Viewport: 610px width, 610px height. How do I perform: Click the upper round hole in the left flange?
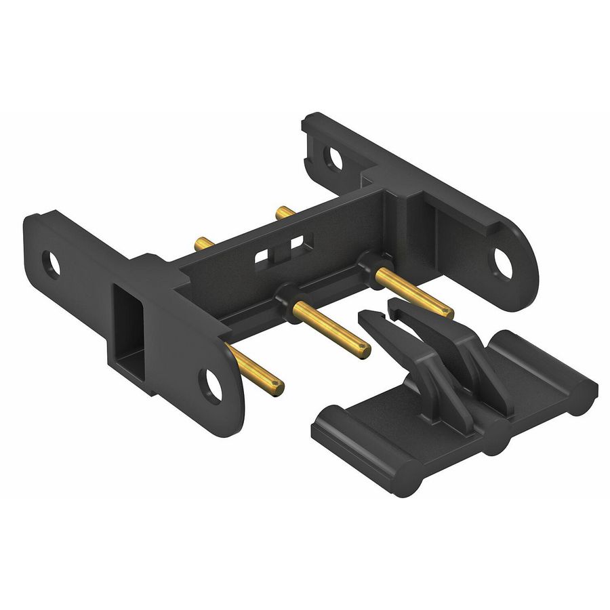tap(51, 264)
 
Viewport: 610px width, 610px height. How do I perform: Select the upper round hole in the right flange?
tap(332, 158)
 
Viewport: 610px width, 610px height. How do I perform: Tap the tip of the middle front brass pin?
tap(365, 350)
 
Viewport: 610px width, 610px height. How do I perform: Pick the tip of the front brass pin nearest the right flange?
tap(447, 312)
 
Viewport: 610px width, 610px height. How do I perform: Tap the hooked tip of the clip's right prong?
tap(394, 304)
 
